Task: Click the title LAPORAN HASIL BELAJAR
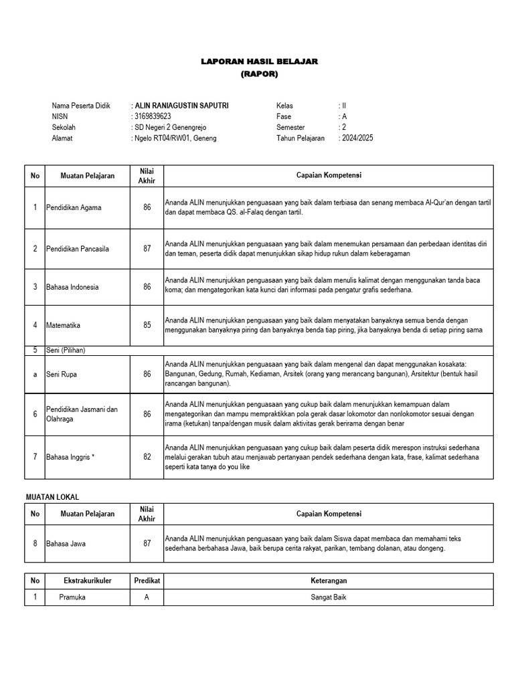pos(259,62)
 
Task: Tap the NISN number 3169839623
pos(153,116)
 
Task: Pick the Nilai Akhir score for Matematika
pos(147,326)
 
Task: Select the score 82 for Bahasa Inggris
pos(147,457)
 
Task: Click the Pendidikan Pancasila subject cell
pos(77,249)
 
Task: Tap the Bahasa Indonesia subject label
pos(72,287)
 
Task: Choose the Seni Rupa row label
pos(62,375)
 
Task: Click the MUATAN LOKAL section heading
pos(52,497)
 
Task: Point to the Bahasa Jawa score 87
pos(147,543)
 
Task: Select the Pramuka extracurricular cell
pos(72,597)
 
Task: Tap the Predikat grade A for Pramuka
pos(147,597)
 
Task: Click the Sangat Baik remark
pos(328,597)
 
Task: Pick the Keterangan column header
pos(328,581)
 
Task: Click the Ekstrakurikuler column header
pos(88,581)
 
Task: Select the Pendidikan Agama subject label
pos(74,207)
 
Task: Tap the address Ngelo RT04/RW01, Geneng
pos(175,138)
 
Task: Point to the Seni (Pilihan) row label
pos(66,350)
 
